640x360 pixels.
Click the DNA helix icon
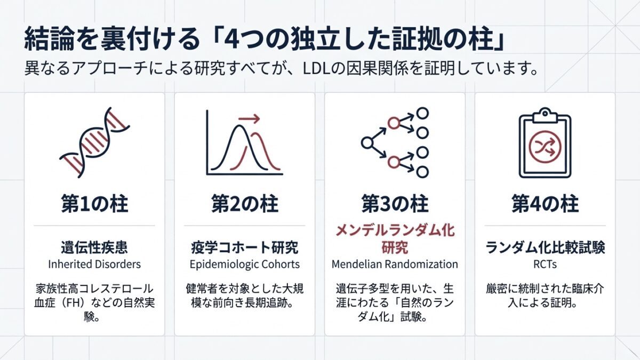click(94, 143)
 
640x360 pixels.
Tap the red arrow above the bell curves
click(249, 118)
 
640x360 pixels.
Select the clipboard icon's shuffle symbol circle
click(545, 147)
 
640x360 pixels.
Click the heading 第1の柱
click(94, 204)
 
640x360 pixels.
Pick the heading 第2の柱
click(245, 204)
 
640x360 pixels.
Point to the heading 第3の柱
click(395, 204)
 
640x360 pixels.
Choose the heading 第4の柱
click(545, 204)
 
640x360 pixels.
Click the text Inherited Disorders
click(94, 265)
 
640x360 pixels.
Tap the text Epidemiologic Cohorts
click(245, 265)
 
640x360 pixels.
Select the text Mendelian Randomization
click(395, 265)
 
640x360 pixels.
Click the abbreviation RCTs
click(545, 265)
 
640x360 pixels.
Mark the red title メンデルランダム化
click(395, 230)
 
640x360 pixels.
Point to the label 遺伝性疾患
click(94, 247)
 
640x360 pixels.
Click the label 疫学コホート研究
click(245, 247)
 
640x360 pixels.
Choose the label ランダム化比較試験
click(545, 247)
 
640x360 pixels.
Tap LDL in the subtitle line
click(317, 69)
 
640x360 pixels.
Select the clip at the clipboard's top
click(545, 115)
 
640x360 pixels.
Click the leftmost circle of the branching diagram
click(367, 143)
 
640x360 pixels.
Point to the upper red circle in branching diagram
click(394, 123)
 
